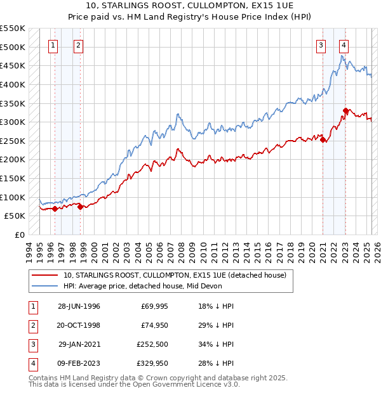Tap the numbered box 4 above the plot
pos(344,45)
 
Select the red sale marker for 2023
pos(346,110)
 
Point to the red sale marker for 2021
pos(323,139)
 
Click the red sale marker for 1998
pos(80,206)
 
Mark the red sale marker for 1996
pos(55,208)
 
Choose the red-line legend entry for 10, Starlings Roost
pos(175,275)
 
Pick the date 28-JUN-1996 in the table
pos(79,306)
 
